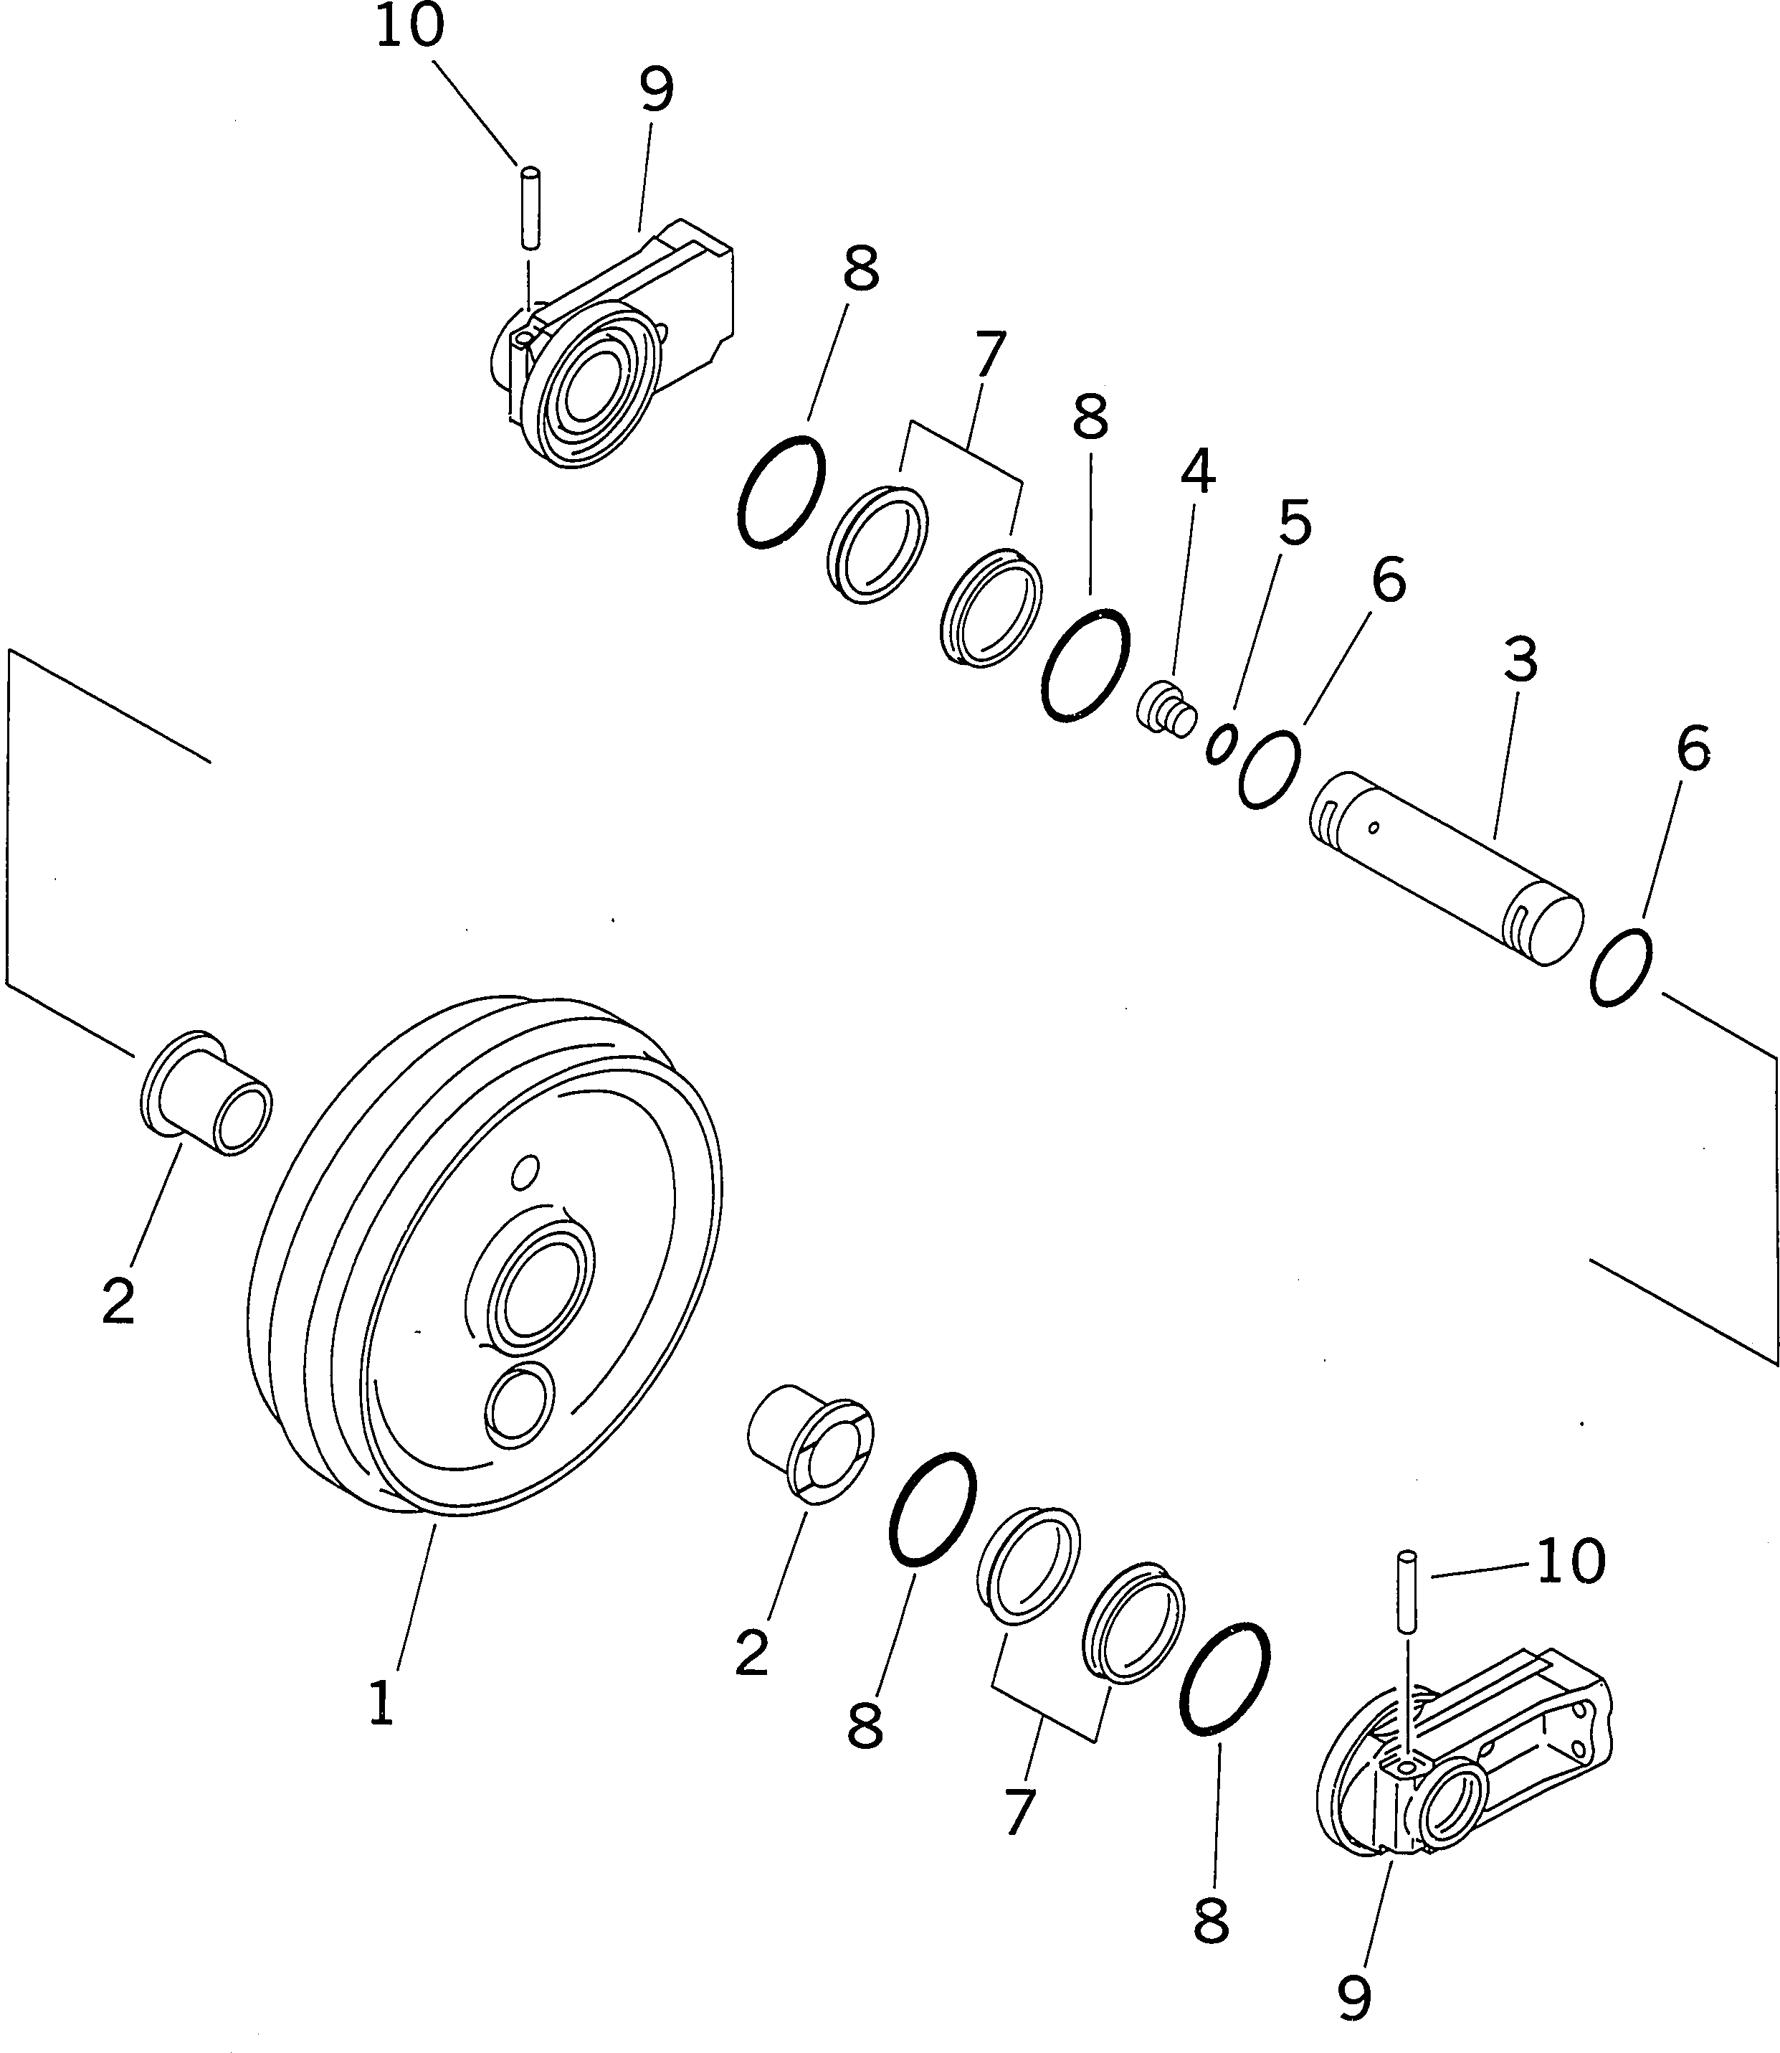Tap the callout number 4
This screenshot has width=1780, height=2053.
1197,471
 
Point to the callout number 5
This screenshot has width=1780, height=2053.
1294,523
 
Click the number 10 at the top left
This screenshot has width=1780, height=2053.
409,26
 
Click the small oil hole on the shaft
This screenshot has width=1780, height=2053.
1373,826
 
